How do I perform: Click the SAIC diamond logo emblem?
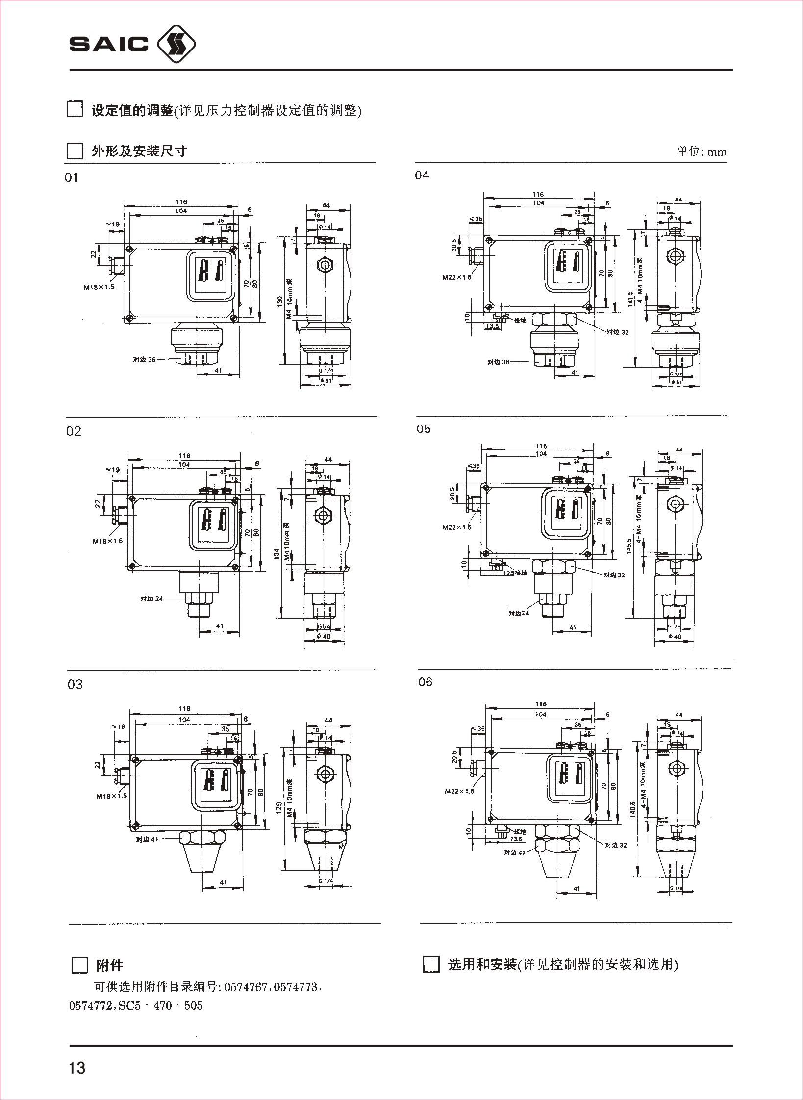click(x=176, y=45)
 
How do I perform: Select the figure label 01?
click(x=72, y=178)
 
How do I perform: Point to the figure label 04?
click(x=422, y=175)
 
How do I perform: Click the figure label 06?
click(x=425, y=682)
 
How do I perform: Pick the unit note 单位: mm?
click(x=702, y=151)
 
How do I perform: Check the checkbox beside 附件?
click(x=79, y=965)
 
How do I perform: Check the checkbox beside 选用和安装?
click(x=431, y=964)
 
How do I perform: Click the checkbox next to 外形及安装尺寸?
click(x=75, y=150)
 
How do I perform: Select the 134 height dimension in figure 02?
click(x=277, y=554)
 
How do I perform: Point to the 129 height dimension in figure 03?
click(x=279, y=807)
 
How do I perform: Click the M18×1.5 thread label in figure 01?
click(x=99, y=287)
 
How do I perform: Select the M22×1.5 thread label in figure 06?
click(x=459, y=791)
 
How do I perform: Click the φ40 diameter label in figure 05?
click(x=675, y=636)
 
